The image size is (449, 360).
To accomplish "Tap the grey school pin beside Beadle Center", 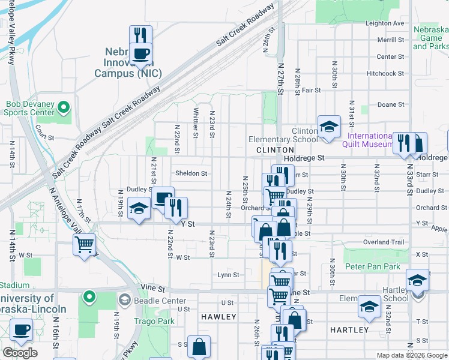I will [124, 299].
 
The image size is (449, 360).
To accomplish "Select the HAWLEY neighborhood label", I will [218, 316].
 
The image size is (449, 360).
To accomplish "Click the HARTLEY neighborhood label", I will [349, 330].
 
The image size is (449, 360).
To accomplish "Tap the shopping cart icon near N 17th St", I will [84, 244].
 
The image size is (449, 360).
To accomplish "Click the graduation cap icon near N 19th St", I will [139, 209].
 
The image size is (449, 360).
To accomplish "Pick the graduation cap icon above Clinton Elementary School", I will [329, 127].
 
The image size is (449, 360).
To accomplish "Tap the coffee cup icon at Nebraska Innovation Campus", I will [140, 54].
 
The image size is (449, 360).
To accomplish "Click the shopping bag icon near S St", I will [199, 346].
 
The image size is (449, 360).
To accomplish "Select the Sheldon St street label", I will [191, 173].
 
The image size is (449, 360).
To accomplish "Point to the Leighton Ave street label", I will [385, 23].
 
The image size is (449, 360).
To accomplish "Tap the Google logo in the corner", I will [20, 353].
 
